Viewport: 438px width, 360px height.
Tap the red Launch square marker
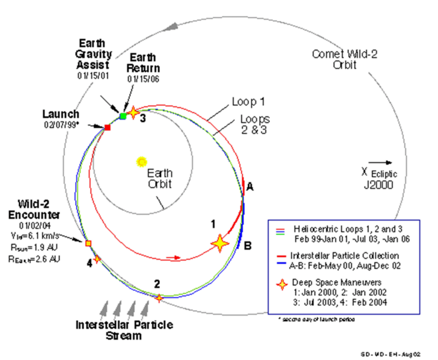click(x=108, y=127)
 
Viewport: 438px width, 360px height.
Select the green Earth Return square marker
click(x=123, y=115)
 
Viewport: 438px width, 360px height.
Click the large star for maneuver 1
click(x=220, y=243)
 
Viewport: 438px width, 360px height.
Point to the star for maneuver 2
click(x=159, y=297)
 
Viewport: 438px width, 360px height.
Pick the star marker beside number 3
click(x=133, y=112)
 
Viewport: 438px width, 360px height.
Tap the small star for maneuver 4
click(x=97, y=259)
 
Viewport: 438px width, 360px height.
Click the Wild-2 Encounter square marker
click(x=88, y=243)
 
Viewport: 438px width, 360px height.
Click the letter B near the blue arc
click(x=248, y=245)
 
